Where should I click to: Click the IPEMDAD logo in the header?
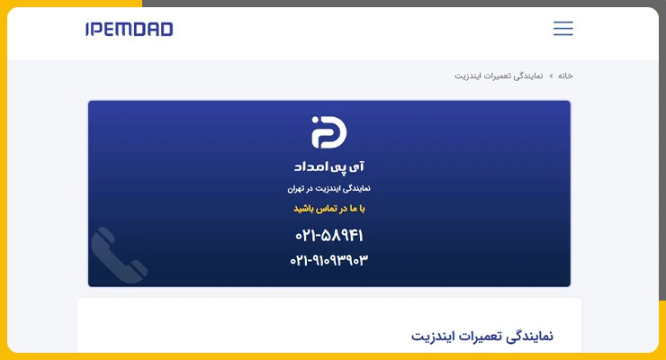point(129,29)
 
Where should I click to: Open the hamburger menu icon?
point(563,29)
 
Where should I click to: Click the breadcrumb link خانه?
point(565,76)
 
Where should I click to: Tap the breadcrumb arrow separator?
point(551,76)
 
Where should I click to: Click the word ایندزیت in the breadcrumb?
point(469,76)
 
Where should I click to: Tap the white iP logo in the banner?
point(328,132)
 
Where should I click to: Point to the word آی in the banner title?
point(357,166)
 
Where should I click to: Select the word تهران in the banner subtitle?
point(296,188)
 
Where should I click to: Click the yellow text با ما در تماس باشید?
point(329,209)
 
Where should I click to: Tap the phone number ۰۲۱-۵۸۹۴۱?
point(329,235)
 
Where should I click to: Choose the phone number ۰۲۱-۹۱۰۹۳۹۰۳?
point(329,260)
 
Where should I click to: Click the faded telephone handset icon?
point(119,255)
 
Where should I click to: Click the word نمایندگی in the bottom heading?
point(530,337)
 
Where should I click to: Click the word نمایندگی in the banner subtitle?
point(356,188)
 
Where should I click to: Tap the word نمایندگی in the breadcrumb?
point(528,76)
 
